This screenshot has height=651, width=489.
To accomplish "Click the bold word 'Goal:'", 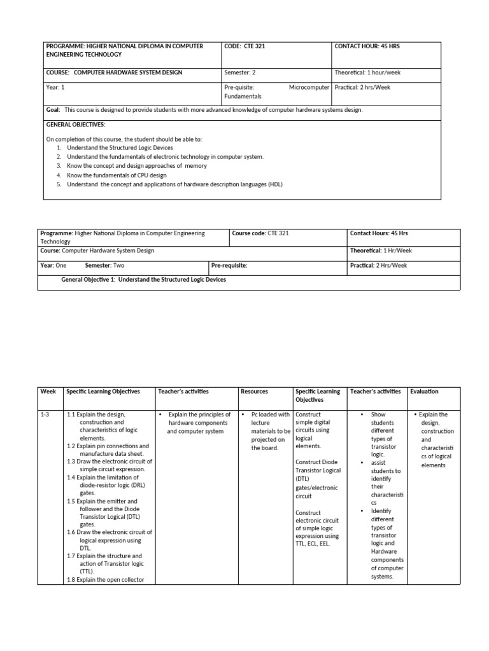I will (53, 109).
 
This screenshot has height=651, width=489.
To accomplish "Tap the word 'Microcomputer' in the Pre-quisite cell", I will (309, 87).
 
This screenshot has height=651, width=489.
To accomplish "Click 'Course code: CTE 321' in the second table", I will (260, 233).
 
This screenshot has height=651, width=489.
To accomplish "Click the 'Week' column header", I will (48, 392).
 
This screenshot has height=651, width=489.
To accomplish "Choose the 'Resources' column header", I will (255, 392).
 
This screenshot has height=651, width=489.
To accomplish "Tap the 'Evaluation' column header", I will (424, 392).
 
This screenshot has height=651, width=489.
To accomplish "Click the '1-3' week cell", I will (46, 415).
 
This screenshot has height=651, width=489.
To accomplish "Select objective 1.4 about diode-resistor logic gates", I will (109, 484).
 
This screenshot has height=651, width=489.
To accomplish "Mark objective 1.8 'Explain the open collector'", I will (106, 579).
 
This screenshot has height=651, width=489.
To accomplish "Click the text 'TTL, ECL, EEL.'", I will (313, 544).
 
